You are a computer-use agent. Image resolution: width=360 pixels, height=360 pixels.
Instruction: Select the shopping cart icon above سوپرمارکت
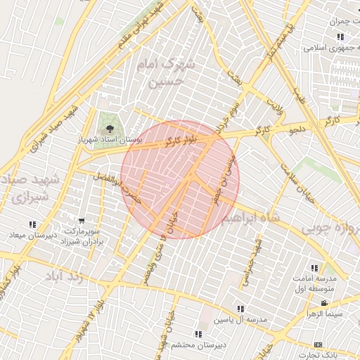click(82, 221)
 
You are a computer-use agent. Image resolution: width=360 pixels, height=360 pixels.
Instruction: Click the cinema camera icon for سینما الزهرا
click(323, 303)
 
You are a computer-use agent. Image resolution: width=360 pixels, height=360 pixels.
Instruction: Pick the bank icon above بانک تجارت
click(318, 345)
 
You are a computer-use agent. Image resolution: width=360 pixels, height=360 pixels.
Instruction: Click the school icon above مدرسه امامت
click(314, 268)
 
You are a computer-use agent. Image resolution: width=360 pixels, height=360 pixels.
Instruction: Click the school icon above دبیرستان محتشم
click(199, 333)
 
